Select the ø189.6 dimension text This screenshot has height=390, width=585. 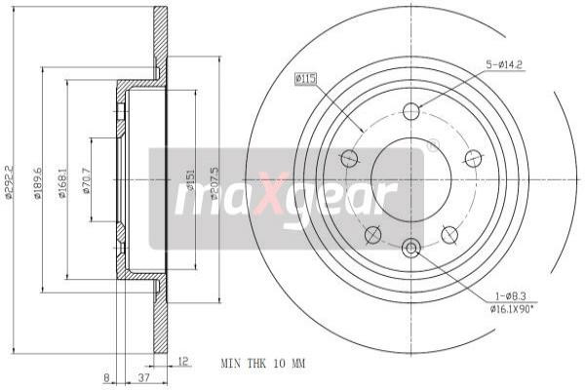coord(38,180)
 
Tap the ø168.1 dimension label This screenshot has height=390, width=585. coord(62,180)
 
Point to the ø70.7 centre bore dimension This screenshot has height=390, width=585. coord(88,180)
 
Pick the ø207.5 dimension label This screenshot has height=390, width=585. coord(214,180)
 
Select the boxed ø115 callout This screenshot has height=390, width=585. coord(307,78)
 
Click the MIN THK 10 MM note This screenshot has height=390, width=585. coord(264,363)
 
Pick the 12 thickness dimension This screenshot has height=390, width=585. coord(184,362)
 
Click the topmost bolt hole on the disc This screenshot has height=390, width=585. coord(411,110)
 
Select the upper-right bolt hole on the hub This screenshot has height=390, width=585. coord(473,158)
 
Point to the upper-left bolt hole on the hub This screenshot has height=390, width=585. coord(349,157)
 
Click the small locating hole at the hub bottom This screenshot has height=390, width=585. coord(411,249)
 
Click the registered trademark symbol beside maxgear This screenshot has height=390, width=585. coord(433,146)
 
